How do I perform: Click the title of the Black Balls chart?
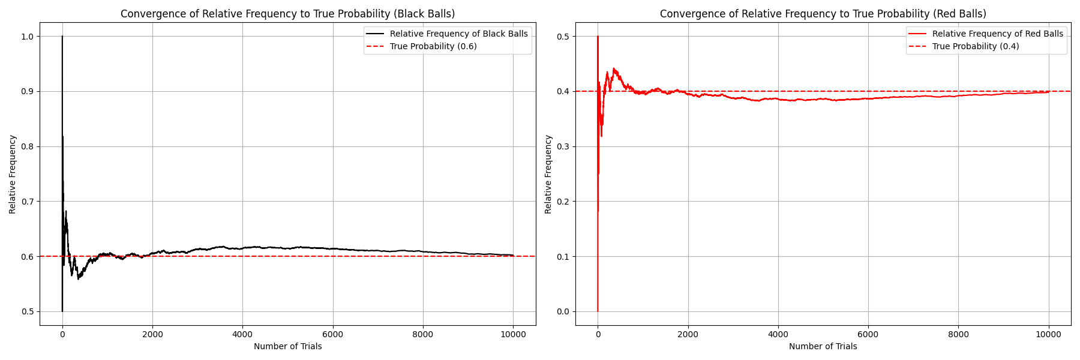point(287,14)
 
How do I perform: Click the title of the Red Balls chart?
point(823,14)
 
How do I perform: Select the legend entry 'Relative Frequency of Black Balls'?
point(458,34)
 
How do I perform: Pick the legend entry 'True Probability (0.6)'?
point(433,46)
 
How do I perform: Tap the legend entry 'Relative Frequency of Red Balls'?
point(997,34)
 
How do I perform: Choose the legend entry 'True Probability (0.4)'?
point(976,46)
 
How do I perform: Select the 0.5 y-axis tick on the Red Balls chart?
point(563,37)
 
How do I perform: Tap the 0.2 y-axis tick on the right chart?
point(563,202)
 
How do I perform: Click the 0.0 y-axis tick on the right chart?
point(563,311)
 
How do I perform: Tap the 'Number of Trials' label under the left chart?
point(287,346)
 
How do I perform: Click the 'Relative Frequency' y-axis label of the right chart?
point(548,174)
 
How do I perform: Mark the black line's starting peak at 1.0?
point(62,37)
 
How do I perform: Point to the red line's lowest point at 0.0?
point(598,311)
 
